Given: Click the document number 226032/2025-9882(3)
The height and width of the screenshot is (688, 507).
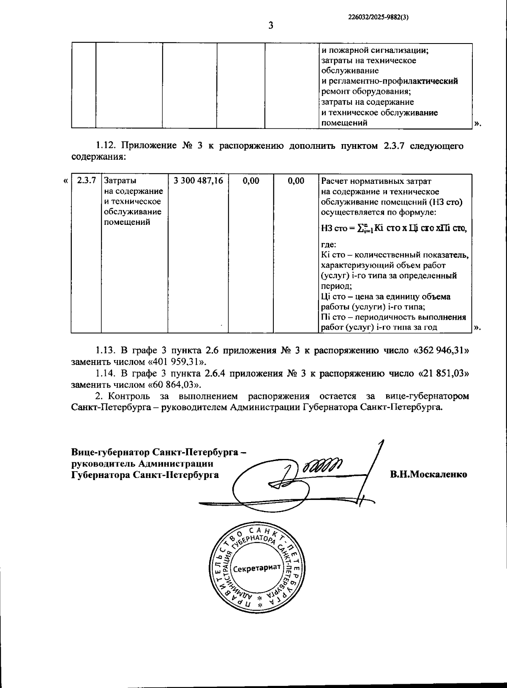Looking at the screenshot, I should click(379, 18).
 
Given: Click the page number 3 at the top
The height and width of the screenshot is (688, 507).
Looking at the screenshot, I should click(271, 26).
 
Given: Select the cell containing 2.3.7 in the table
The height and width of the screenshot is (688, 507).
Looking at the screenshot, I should click(86, 181).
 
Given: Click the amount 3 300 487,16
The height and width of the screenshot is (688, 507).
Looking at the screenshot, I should click(199, 181).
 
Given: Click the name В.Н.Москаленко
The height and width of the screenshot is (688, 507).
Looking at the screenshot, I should click(428, 474).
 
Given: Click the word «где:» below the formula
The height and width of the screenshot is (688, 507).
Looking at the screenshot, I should click(329, 245).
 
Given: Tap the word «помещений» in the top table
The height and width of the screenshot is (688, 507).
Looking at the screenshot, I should click(344, 123).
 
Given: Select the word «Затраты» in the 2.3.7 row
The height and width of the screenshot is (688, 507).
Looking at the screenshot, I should click(120, 181).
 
